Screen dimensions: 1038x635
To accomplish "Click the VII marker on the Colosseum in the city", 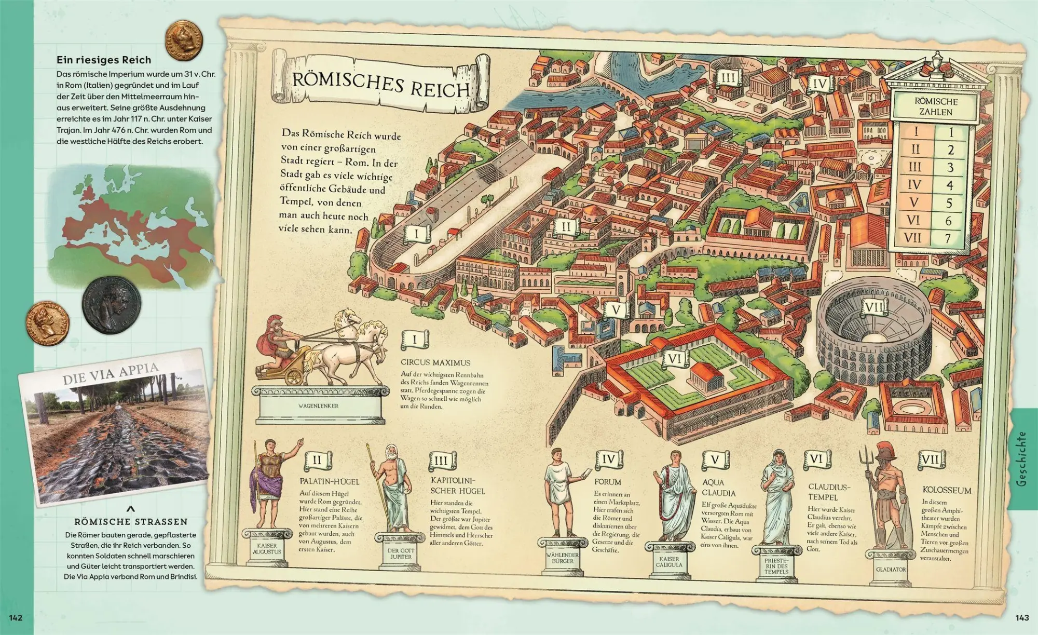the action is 873,307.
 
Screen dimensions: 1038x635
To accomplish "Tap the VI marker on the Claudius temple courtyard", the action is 675,359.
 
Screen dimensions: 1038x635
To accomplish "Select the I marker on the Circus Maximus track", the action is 416,234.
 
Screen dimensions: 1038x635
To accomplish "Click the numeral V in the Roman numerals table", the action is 914,202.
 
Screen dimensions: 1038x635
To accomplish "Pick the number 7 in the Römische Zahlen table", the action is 948,238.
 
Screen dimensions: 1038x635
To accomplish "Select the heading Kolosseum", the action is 947,490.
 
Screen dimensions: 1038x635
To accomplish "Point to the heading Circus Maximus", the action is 435,362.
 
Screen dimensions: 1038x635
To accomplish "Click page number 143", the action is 1021,617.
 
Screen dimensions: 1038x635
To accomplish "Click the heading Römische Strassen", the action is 131,521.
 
